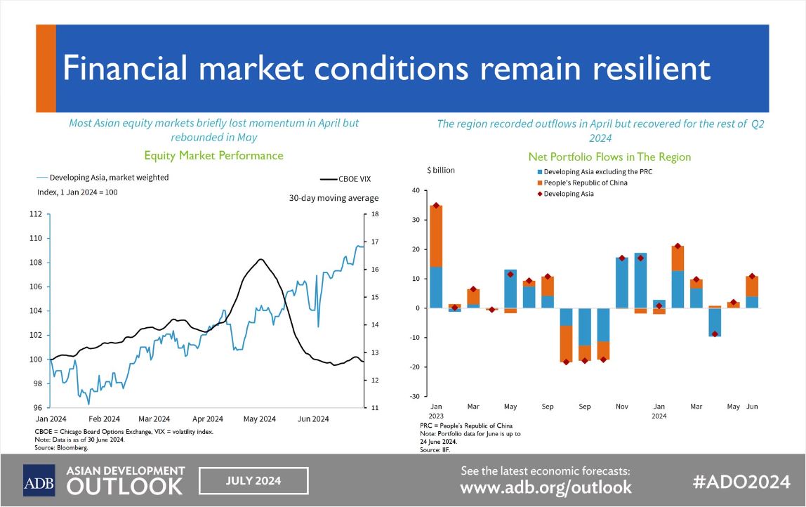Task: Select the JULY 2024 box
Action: [253, 481]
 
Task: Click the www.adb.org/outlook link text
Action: [546, 487]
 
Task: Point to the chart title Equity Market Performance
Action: [213, 155]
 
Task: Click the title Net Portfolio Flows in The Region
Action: [609, 157]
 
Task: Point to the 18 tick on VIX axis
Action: [375, 214]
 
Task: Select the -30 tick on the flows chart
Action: [415, 397]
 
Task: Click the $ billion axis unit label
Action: [441, 171]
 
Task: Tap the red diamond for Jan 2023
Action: [436, 206]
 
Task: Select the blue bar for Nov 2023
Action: [622, 283]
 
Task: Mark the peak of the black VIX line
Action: [260, 260]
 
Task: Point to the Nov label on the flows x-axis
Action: [622, 407]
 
